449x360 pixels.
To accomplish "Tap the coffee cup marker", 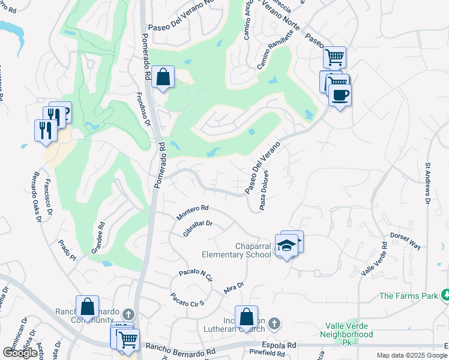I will coord(340,95).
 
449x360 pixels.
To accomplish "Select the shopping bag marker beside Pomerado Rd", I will coord(163,77).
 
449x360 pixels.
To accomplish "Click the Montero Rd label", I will coord(193,212).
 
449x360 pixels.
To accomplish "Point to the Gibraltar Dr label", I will coord(198,228).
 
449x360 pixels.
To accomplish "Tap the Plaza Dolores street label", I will coord(263,190).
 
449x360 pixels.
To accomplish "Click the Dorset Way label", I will coord(406,240).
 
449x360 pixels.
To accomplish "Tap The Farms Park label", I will coord(408,296).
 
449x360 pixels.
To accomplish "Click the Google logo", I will coord(20,352).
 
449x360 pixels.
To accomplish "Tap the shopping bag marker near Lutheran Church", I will coord(246,317).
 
